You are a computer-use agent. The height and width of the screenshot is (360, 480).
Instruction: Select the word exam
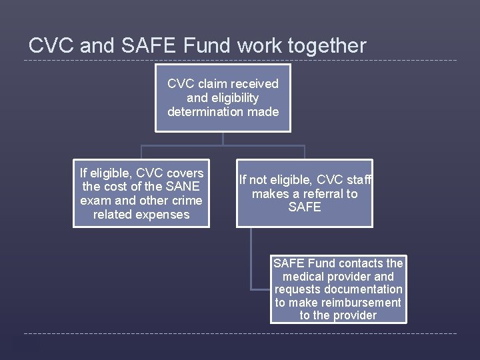pos(94,201)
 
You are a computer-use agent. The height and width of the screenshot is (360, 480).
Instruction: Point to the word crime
pos(187,201)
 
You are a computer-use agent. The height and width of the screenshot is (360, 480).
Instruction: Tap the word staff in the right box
pos(358,180)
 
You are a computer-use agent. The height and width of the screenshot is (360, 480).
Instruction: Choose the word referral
pos(323,194)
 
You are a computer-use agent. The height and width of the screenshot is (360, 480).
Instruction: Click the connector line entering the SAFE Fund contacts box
pos(261,289)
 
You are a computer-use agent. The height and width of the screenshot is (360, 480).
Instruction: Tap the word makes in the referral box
pos(267,194)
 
